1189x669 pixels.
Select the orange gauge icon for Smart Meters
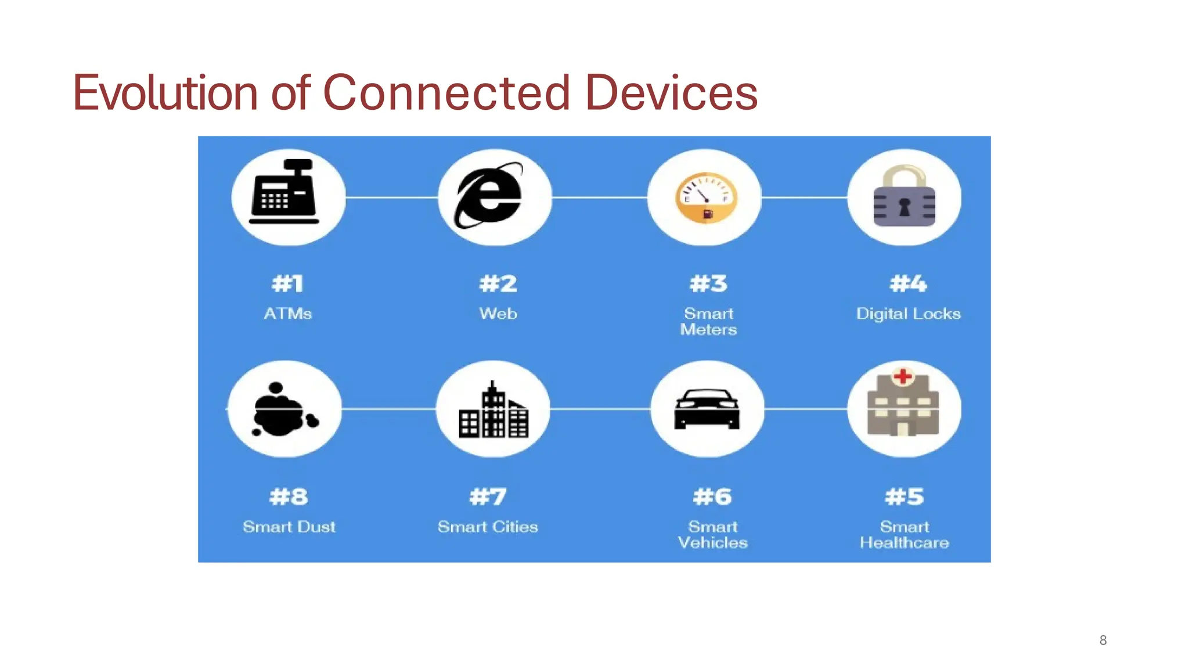click(706, 198)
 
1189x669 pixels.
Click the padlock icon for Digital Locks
click(904, 196)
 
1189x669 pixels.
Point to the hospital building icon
click(903, 405)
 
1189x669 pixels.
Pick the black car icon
click(707, 409)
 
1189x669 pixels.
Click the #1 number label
click(288, 284)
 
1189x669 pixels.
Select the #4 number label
click(908, 284)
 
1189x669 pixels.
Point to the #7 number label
click(488, 497)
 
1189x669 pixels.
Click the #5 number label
click(904, 497)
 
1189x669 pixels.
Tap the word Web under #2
click(498, 314)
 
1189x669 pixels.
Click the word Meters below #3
click(708, 330)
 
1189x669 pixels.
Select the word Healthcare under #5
click(904, 543)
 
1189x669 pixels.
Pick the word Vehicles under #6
click(712, 543)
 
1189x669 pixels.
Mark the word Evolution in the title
click(165, 93)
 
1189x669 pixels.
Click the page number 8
click(1103, 640)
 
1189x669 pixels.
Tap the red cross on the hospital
click(902, 376)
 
